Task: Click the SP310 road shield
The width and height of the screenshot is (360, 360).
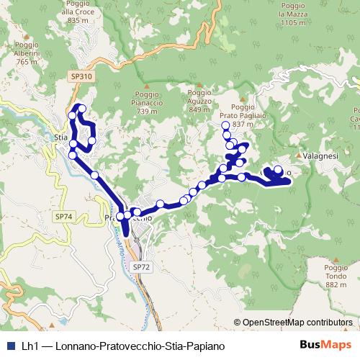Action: click(82, 76)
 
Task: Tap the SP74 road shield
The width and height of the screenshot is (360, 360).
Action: click(63, 215)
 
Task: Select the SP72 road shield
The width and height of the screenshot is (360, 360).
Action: click(142, 266)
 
